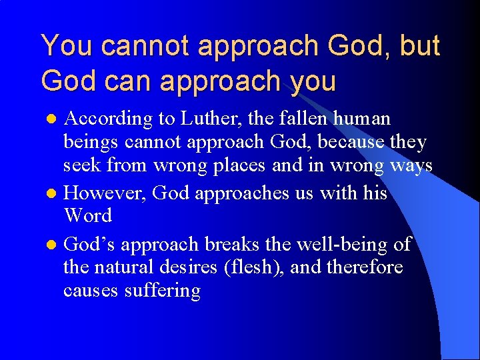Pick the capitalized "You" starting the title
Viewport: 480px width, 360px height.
click(63, 45)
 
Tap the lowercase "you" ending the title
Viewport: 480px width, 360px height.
click(313, 81)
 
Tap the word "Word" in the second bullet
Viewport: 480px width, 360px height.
click(87, 216)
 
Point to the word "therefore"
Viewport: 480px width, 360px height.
click(366, 267)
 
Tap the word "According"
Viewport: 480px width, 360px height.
click(108, 119)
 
